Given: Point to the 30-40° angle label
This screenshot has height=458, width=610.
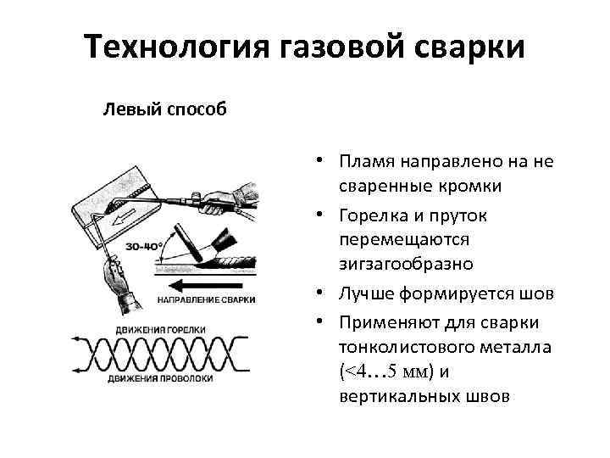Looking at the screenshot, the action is click(x=144, y=246).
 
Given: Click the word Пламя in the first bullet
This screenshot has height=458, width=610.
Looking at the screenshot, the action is click(x=365, y=161).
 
